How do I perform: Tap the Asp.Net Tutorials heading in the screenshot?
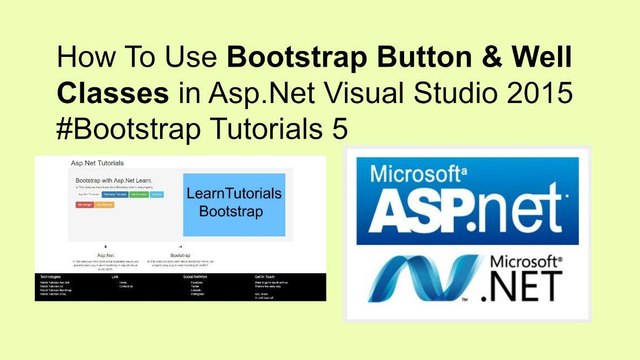[96, 160]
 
